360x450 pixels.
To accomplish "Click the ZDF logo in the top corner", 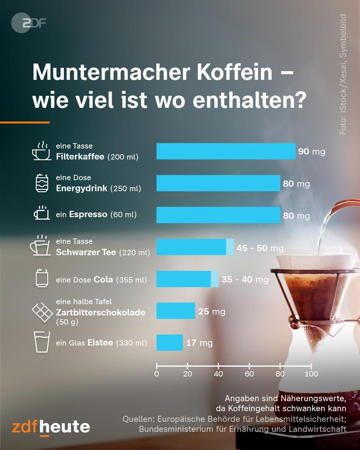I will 29,22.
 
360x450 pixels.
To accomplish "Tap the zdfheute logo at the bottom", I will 51,427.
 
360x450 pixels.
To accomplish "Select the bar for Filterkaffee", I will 226,151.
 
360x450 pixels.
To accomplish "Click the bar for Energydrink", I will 218,183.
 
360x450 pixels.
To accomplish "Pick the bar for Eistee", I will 169,343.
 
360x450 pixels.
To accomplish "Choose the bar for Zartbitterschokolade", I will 175,311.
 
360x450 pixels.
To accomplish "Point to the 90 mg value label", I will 311,152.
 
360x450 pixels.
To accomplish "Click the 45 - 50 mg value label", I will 260,247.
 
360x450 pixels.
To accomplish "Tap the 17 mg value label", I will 199,343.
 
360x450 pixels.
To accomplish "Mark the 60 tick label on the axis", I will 249,374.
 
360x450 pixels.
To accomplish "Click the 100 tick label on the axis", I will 311,374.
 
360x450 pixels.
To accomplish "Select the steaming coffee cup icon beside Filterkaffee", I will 41,151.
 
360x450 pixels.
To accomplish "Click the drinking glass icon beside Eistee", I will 41,342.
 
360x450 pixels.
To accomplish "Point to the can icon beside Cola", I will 42,279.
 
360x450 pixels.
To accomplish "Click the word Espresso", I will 88,215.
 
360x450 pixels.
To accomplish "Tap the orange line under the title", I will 24,122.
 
